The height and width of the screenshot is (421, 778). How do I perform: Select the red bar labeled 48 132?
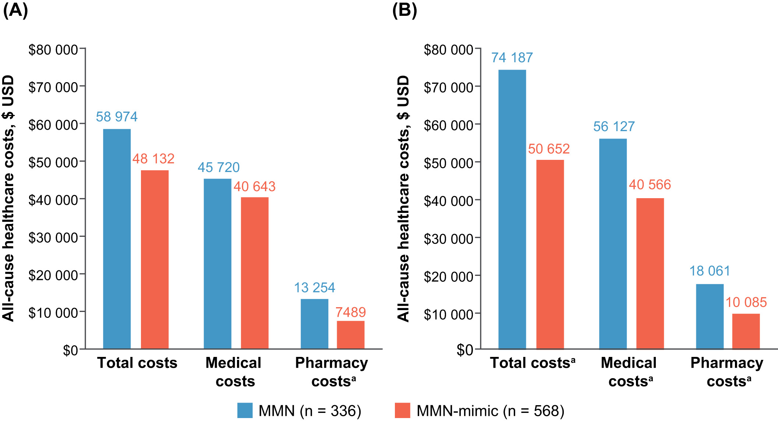155,259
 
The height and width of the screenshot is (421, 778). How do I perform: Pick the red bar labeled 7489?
350,335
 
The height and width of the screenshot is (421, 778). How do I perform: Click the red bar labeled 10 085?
746,331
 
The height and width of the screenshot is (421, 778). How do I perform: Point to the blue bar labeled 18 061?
710,316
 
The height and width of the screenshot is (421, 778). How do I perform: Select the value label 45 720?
219,168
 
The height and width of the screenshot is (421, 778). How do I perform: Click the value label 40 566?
650,185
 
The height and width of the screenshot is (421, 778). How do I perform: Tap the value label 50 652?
549,149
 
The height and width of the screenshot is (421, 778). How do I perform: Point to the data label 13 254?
314,288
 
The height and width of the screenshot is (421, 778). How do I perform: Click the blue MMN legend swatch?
245,410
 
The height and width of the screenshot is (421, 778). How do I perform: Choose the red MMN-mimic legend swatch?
402,410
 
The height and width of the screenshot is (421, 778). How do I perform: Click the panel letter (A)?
15,10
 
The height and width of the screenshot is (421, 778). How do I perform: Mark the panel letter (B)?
404,10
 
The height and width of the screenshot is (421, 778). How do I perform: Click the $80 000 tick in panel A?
53,50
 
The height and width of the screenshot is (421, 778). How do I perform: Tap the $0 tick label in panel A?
70,350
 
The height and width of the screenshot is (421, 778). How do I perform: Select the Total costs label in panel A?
137,363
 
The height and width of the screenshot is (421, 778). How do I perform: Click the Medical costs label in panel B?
629,372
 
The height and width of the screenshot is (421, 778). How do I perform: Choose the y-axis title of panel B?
403,199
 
